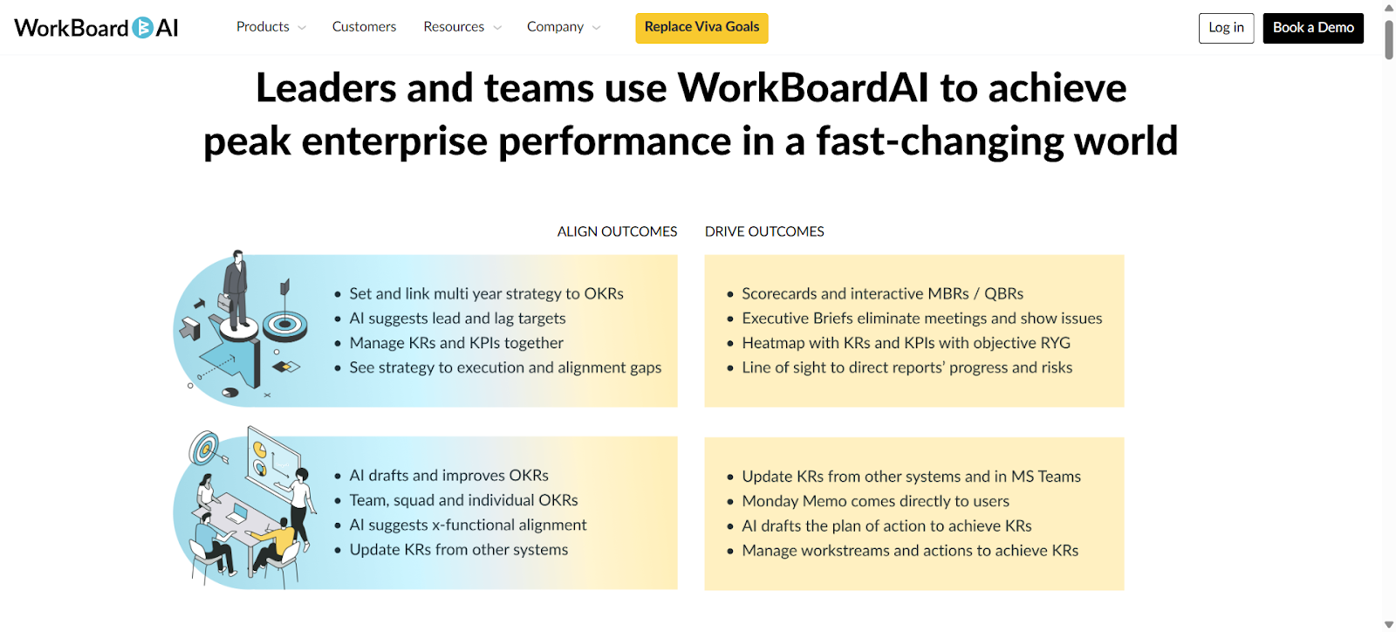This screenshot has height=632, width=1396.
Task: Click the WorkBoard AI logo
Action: tap(96, 28)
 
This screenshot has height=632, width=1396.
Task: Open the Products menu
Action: tap(270, 27)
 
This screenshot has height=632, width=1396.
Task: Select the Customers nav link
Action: tap(364, 27)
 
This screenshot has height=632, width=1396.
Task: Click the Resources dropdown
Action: tap(462, 27)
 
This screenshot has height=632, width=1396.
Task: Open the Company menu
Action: tap(563, 27)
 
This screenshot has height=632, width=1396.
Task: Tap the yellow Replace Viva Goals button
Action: tap(701, 27)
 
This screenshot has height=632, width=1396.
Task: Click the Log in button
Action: tap(1226, 28)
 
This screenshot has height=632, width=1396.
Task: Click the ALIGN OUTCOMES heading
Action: tap(617, 231)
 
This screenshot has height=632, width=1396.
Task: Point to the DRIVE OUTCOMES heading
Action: tap(764, 231)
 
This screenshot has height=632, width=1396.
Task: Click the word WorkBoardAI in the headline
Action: tap(803, 88)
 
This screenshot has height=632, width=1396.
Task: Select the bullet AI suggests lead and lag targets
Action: tap(457, 319)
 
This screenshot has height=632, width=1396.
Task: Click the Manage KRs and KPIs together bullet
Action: tap(456, 343)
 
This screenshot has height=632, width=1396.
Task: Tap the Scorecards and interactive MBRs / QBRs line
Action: tap(882, 294)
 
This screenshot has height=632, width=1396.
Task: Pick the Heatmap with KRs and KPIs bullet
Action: tap(906, 343)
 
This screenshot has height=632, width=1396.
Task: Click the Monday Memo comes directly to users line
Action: tap(875, 501)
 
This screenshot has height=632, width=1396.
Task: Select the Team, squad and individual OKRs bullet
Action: tap(463, 500)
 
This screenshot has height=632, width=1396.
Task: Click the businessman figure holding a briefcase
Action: tap(235, 288)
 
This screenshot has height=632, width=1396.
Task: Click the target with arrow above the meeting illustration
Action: tap(206, 448)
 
